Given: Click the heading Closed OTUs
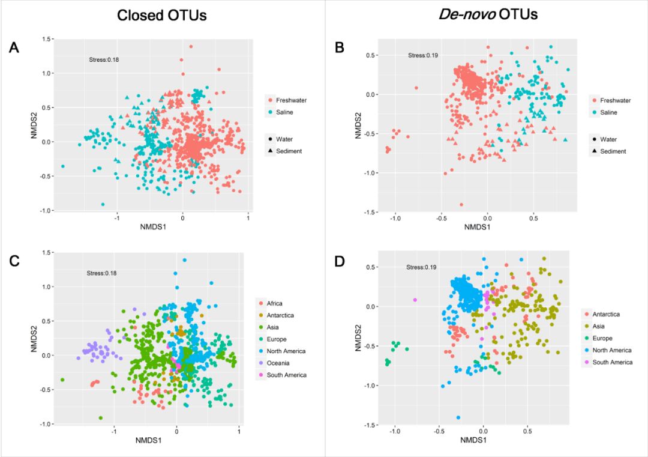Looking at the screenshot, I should (161, 16).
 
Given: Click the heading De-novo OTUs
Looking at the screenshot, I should (486, 15).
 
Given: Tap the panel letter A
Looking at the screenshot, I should (14, 49).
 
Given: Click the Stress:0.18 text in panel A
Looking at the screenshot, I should (103, 59).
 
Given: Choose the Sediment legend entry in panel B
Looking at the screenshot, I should (612, 151).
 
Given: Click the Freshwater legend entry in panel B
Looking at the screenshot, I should (614, 100).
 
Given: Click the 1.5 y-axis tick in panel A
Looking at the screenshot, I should (46, 39).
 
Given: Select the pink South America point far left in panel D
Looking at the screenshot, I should (415, 300).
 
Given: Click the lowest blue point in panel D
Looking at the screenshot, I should (458, 417).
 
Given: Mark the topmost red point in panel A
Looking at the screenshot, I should (191, 46).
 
